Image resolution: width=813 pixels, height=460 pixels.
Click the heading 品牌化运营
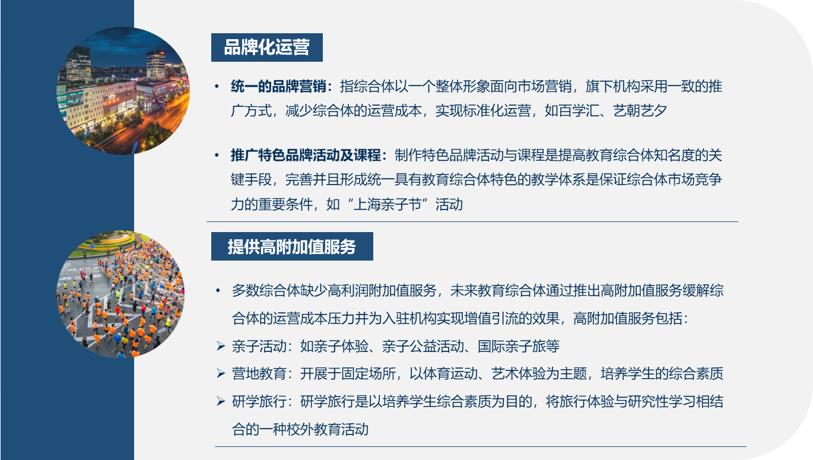pyautogui.click(x=267, y=47)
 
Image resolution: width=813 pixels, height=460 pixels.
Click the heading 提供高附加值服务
pyautogui.click(x=292, y=247)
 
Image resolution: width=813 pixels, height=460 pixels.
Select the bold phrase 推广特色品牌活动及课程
pyautogui.click(x=306, y=156)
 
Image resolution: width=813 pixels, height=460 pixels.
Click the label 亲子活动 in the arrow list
pyautogui.click(x=259, y=346)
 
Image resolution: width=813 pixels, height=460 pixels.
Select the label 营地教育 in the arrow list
pyautogui.click(x=259, y=373)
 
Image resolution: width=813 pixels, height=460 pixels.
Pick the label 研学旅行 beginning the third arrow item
pyautogui.click(x=259, y=402)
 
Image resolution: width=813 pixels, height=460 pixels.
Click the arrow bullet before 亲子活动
pyautogui.click(x=221, y=346)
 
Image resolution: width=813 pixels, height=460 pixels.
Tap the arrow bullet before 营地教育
pyautogui.click(x=221, y=373)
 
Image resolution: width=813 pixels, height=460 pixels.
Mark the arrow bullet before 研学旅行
pyautogui.click(x=221, y=401)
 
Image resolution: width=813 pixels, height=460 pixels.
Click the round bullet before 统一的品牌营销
pyautogui.click(x=217, y=87)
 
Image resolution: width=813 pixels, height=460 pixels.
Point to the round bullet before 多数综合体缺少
pyautogui.click(x=218, y=290)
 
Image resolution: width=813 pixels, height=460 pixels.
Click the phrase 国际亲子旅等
pyautogui.click(x=519, y=346)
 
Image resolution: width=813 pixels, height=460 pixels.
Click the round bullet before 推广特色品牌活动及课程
pyautogui.click(x=217, y=156)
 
